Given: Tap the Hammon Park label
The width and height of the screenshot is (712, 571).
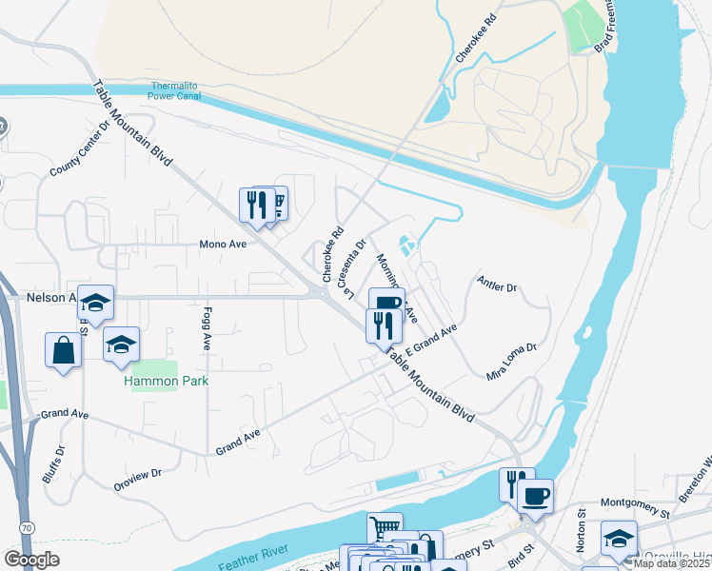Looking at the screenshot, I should tap(167, 381).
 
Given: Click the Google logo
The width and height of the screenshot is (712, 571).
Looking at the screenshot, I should tap(32, 559).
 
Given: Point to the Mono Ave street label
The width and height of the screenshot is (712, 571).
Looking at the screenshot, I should tap(223, 244).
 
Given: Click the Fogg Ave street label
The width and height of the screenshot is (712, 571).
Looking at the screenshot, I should tap(207, 328).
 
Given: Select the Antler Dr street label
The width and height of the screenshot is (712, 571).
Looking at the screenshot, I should tap(496, 285).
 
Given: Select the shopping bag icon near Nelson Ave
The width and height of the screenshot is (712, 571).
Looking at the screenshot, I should tap(63, 349).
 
